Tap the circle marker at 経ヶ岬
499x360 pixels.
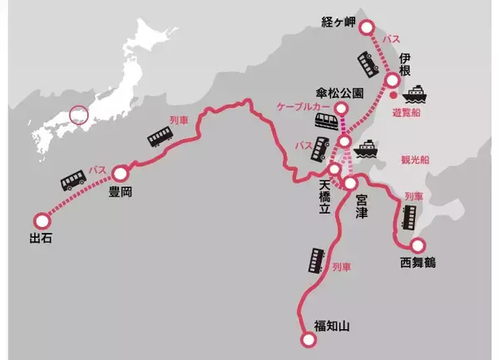tap(368, 27)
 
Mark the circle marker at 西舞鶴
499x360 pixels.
tap(417, 246)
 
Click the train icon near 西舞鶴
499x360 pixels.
tap(409, 218)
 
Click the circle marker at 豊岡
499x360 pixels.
tap(122, 174)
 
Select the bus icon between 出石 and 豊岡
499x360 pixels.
tap(72, 183)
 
